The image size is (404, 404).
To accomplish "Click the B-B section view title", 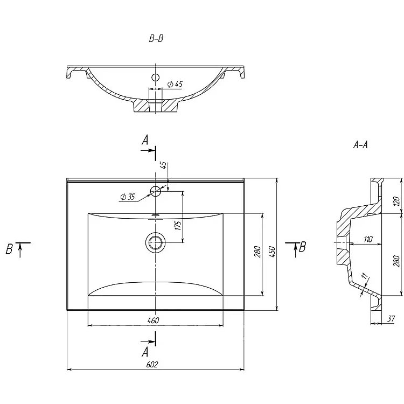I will pyautogui.click(x=156, y=39).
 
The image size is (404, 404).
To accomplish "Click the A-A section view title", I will pyautogui.click(x=360, y=144).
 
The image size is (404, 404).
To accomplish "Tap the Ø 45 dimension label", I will pyautogui.click(x=175, y=83).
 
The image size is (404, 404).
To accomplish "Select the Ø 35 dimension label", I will pyautogui.click(x=128, y=197).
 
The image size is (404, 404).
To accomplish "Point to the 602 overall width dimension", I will pyautogui.click(x=152, y=365).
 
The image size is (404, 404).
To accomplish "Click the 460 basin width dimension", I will pyautogui.click(x=154, y=321).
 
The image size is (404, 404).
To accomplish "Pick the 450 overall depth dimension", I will pyautogui.click(x=273, y=251).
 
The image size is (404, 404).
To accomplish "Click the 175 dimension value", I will pyautogui.click(x=179, y=225).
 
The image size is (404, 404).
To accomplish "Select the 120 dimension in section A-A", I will pyautogui.click(x=396, y=201).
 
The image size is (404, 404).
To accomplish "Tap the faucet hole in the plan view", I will pyautogui.click(x=156, y=191).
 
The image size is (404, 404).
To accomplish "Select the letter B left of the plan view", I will pyautogui.click(x=9, y=249).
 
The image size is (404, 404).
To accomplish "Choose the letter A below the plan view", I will pyautogui.click(x=145, y=352).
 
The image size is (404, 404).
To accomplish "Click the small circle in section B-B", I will pyautogui.click(x=156, y=78).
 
